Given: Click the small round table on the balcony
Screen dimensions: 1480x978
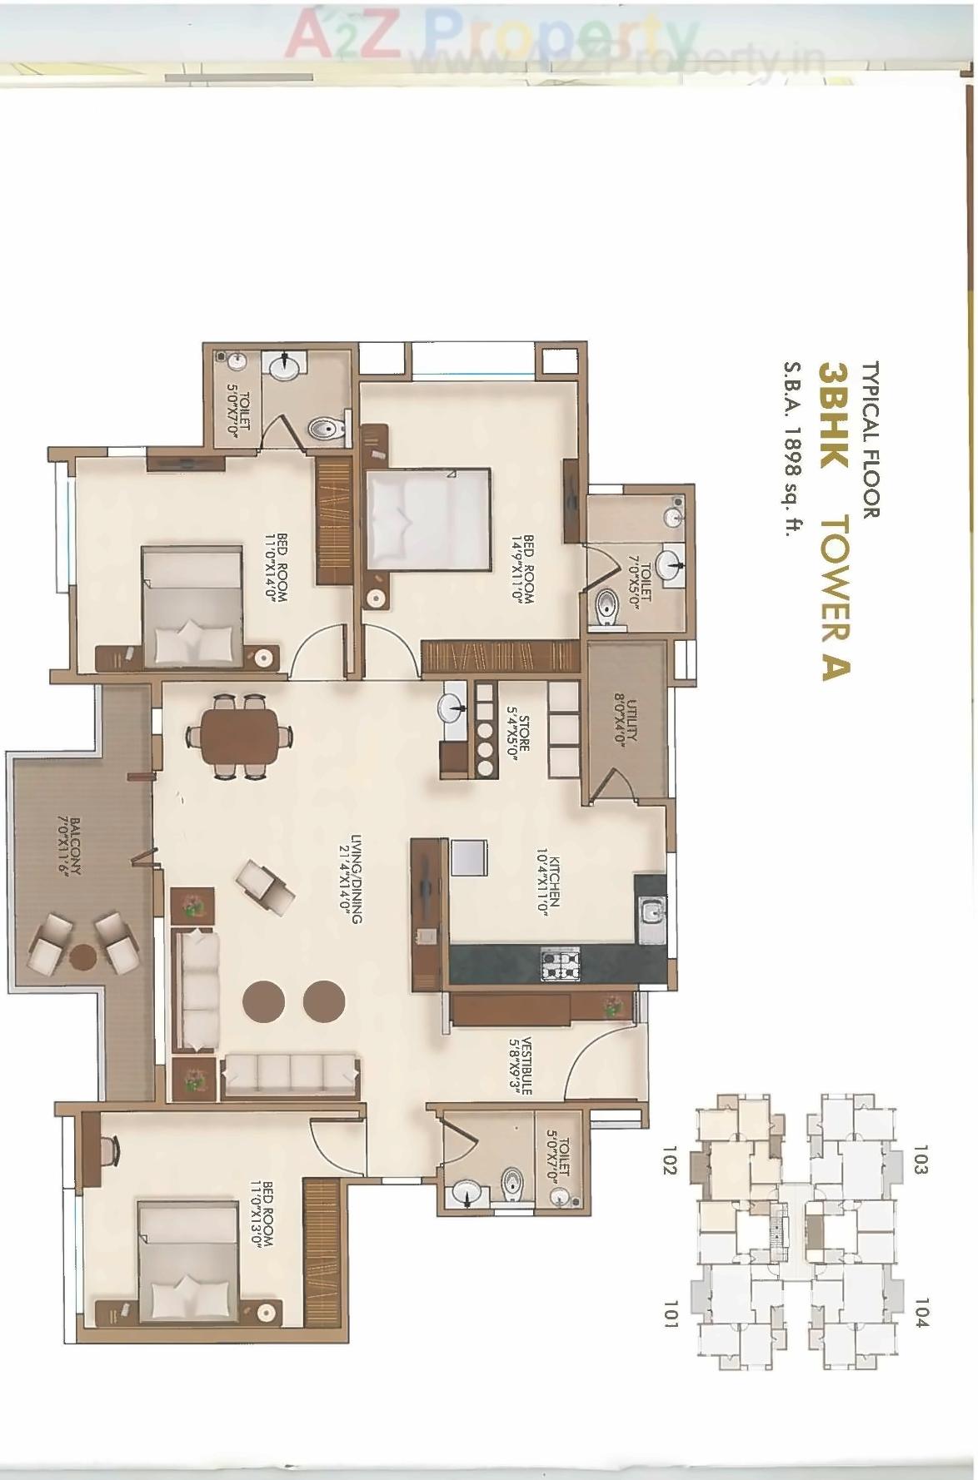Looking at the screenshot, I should [82, 956].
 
